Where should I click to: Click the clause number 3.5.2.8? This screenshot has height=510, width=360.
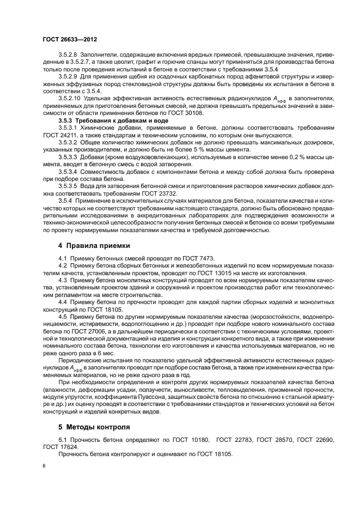pyautogui.click(x=69, y=56)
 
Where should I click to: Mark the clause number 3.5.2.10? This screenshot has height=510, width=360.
pyautogui.click(x=71, y=99)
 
